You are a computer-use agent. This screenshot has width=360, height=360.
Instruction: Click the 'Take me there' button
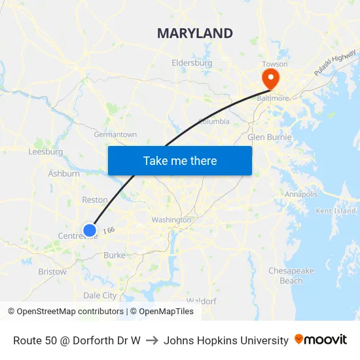pos(180,160)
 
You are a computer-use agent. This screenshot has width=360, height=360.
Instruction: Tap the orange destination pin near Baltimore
pos(270,79)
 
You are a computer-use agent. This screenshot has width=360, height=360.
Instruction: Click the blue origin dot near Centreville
pos(90,230)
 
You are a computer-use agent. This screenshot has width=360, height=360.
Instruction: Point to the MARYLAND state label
pos(195,33)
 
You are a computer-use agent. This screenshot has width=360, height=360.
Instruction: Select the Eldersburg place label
pos(192,63)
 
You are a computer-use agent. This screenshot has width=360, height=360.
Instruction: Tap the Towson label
pos(274,64)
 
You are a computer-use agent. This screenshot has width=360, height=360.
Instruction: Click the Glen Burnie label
pos(268,137)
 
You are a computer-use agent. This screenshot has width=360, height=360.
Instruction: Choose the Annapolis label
pos(301,194)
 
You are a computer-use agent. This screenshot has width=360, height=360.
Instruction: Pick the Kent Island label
pos(336,211)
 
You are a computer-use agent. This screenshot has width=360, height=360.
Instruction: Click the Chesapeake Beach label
pos(291,276)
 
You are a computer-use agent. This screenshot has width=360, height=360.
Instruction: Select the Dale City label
pos(99,295)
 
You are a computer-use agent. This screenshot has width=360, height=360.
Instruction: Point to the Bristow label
pos(52,271)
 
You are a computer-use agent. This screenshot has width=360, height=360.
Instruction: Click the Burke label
pos(114,255)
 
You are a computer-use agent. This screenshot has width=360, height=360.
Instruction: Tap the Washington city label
pos(171,220)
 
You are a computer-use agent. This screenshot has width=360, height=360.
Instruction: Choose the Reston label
pos(94,200)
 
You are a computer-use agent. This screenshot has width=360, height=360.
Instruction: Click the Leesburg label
pos(46,152)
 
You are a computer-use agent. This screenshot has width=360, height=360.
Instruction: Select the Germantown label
pos(116,134)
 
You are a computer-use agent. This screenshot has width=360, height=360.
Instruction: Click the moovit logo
pos(321,340)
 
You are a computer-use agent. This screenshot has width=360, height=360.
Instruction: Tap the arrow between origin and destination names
pos(152,340)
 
